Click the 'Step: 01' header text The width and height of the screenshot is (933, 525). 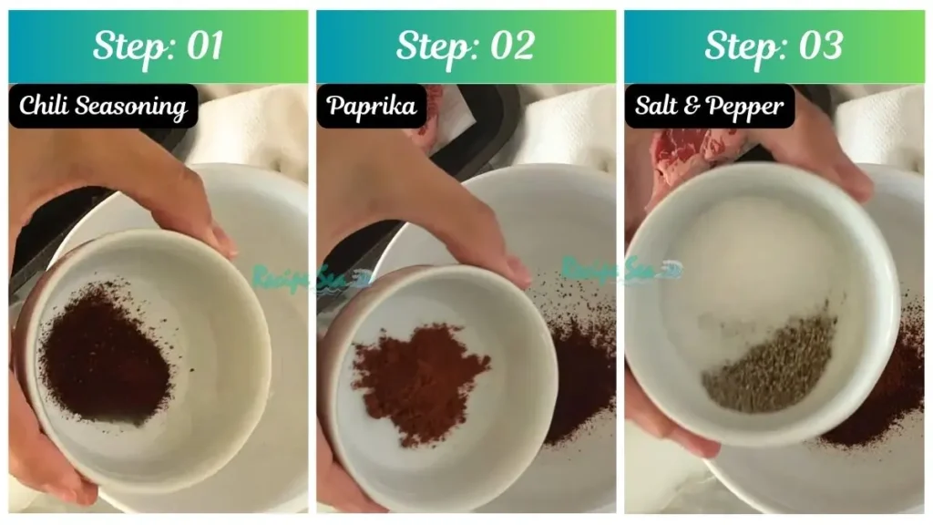[158, 46]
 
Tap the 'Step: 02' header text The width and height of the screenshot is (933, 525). [466, 46]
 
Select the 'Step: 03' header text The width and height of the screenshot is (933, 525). [774, 46]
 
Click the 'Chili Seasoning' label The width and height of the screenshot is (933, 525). [103, 107]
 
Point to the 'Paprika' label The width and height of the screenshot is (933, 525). [372, 107]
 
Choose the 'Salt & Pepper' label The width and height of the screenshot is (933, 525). [709, 107]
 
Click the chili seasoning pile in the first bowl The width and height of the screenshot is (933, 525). [104, 351]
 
